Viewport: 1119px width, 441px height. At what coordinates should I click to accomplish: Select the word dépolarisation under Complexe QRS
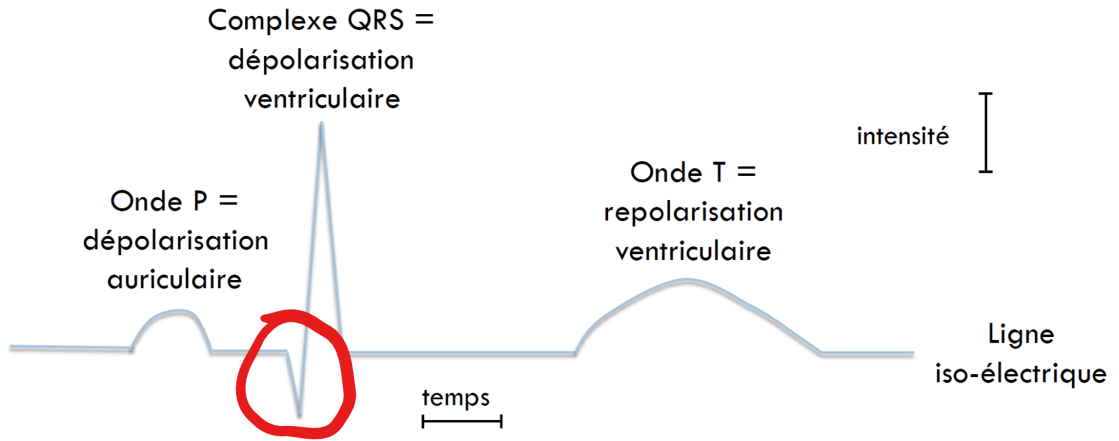coord(321,61)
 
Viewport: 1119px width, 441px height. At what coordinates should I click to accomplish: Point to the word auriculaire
coord(175,280)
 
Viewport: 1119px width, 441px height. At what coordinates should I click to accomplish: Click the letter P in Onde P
coord(200,201)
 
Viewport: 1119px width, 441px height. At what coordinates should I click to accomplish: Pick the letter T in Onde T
coord(719,173)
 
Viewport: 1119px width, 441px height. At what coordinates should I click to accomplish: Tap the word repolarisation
coord(693,213)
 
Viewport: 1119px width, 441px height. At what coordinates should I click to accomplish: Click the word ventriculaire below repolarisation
coord(693,251)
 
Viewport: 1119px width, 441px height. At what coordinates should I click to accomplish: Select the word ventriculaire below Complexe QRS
coord(322,99)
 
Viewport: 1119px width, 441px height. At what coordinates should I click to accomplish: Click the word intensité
coord(902,136)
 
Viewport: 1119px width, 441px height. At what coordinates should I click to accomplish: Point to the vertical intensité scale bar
coord(986,133)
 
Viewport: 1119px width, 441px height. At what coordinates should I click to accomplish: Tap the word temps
coord(455,398)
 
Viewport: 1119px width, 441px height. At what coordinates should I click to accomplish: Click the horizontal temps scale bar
coord(462,421)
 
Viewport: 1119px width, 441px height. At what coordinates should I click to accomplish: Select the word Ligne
coord(1021,334)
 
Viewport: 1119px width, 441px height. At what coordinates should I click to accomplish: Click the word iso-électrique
coord(1021,374)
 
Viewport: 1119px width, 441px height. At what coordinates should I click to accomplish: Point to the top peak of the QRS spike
coord(321,125)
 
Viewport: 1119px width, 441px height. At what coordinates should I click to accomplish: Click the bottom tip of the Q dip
coord(300,414)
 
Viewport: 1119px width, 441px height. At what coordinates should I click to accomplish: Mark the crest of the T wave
coord(687,280)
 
